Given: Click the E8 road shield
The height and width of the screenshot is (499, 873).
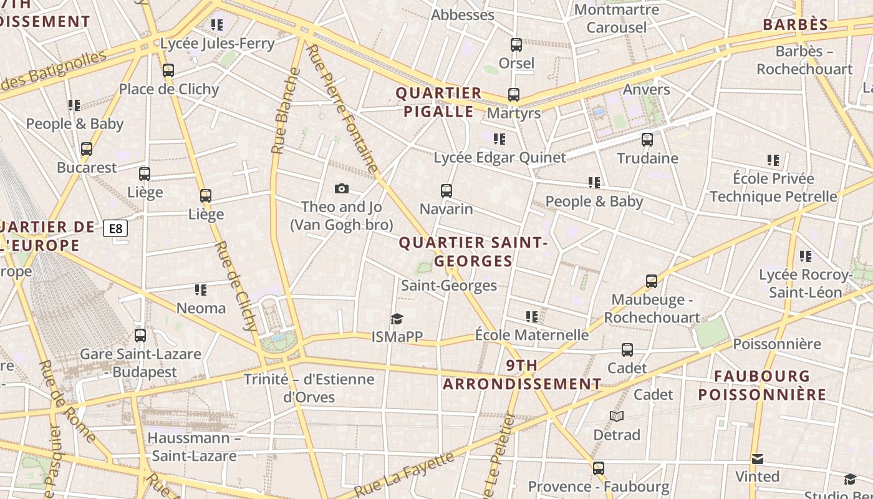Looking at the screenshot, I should [x=115, y=229].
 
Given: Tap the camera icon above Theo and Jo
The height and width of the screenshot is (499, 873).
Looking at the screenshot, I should [x=342, y=189].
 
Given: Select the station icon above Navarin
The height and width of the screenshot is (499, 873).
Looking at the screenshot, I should [x=446, y=191].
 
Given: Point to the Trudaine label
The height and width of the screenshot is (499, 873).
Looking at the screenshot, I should [x=647, y=158].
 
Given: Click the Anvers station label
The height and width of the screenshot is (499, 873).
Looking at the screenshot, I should [x=646, y=89].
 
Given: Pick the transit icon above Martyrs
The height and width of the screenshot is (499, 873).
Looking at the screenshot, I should [x=514, y=95].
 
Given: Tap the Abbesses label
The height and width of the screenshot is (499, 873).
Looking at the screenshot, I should [x=463, y=15].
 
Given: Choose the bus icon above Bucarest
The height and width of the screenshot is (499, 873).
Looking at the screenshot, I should [x=87, y=150].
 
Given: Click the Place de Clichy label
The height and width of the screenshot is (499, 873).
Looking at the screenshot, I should [x=169, y=89].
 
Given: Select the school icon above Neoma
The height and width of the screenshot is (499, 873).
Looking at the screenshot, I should [x=201, y=290].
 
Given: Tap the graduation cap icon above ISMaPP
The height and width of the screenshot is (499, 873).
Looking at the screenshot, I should [x=397, y=319].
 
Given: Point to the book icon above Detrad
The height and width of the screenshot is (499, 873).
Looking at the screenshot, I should [x=617, y=417].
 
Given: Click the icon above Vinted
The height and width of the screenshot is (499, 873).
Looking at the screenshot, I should [x=757, y=460].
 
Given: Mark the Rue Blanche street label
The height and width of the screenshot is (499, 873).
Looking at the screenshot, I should [x=286, y=111].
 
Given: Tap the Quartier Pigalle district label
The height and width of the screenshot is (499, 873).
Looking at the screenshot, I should [x=439, y=102].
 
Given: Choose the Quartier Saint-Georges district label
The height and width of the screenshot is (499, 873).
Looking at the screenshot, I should [x=473, y=251].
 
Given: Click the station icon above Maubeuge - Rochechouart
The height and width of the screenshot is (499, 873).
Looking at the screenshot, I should [x=652, y=281].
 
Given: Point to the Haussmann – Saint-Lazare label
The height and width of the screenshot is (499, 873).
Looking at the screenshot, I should [x=194, y=447].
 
